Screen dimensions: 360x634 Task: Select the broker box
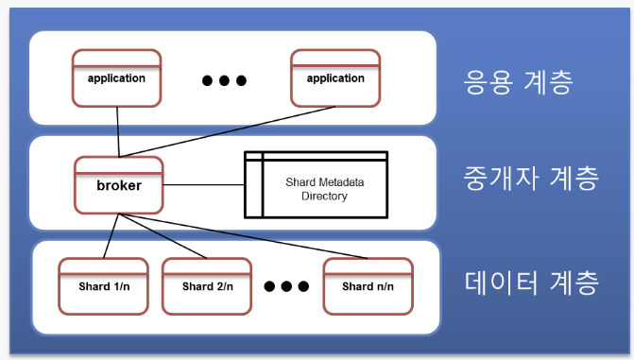coord(119,185)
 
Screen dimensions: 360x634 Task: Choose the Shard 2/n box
coord(205,285)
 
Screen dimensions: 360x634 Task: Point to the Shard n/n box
coord(366,285)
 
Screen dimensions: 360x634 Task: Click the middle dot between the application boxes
coord(224,80)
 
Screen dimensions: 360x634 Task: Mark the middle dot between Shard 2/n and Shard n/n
coord(287,286)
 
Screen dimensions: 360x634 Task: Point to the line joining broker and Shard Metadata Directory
coord(203,185)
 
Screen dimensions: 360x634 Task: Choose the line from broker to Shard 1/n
coord(111,235)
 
